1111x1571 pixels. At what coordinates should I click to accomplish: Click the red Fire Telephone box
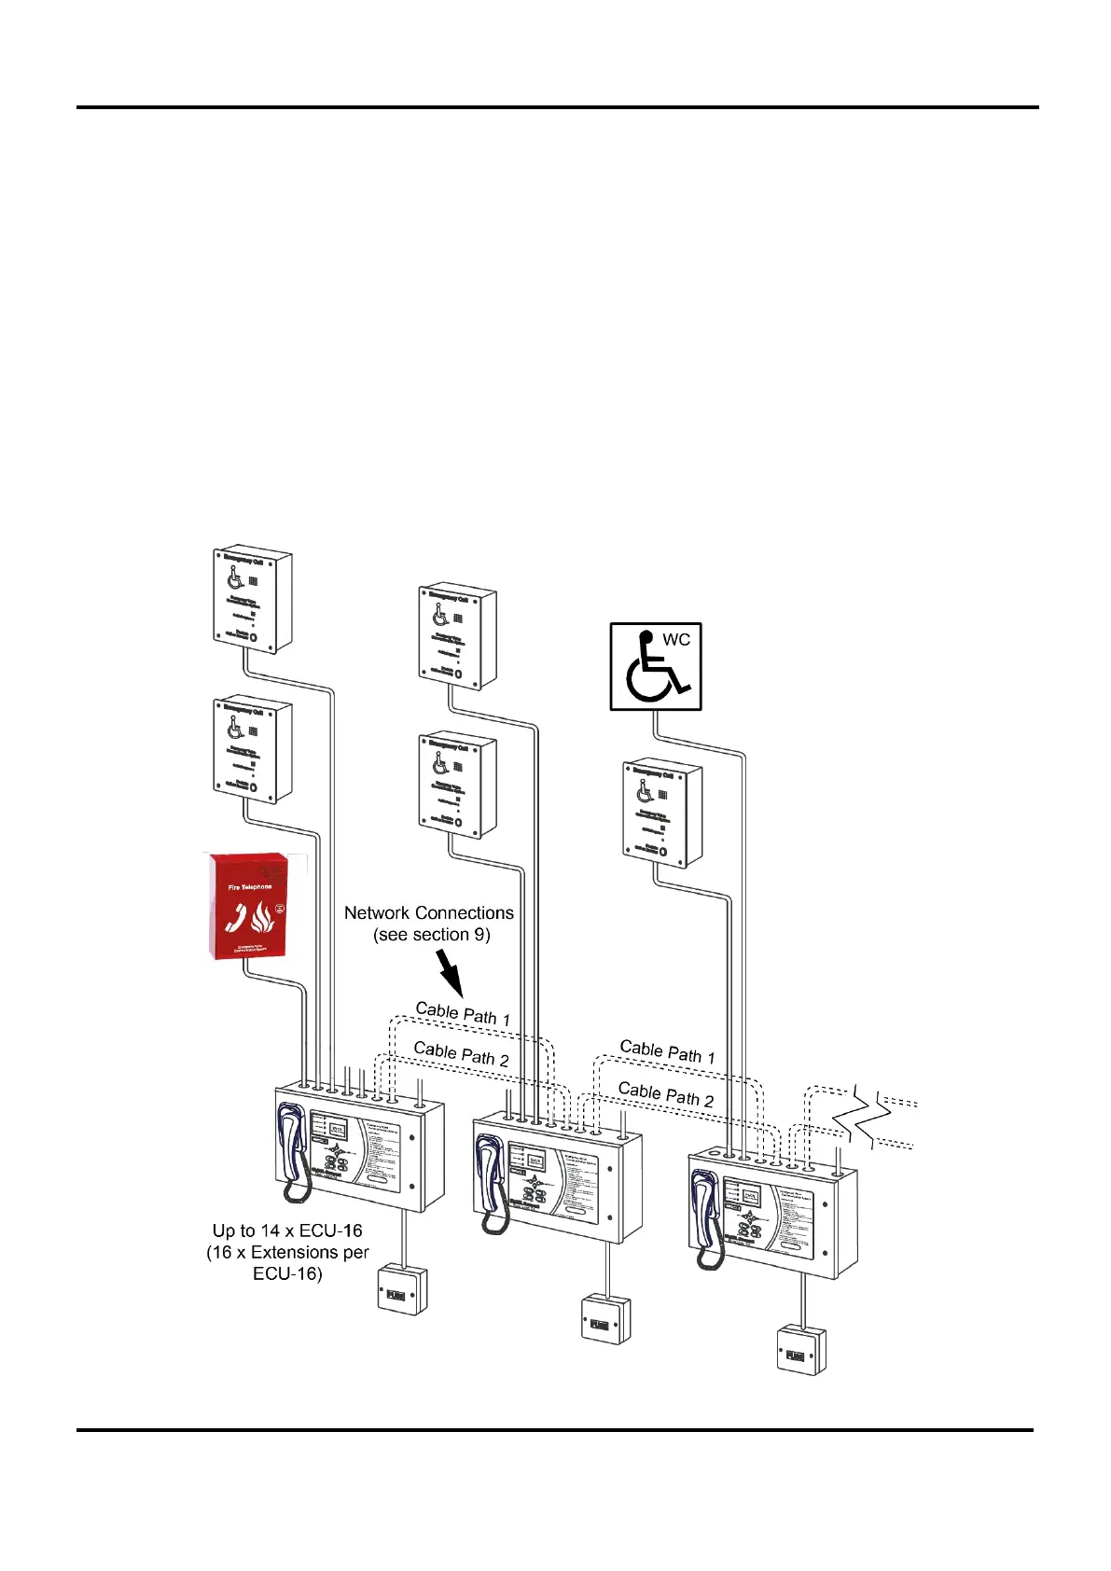[246, 905]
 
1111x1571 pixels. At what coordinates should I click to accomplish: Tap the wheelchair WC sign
[655, 666]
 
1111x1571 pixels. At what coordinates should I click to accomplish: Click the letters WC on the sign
[676, 640]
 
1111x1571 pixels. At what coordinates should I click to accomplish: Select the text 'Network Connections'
[428, 912]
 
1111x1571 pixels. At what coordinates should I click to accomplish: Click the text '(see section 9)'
[431, 935]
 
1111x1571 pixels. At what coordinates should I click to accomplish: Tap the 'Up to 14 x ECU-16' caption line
[287, 1230]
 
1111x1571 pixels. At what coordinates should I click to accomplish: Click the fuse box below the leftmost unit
[402, 1289]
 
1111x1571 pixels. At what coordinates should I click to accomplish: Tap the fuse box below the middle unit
[605, 1318]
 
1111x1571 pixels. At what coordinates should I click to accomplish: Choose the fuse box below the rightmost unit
[801, 1349]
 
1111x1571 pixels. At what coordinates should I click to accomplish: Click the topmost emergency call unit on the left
[252, 599]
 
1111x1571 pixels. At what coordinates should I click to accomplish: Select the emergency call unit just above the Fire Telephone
[252, 748]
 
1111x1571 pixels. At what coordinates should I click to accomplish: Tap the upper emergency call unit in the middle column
[457, 636]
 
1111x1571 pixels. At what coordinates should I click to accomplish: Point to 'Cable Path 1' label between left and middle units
[463, 1014]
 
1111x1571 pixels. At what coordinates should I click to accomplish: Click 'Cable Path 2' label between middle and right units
[665, 1094]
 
